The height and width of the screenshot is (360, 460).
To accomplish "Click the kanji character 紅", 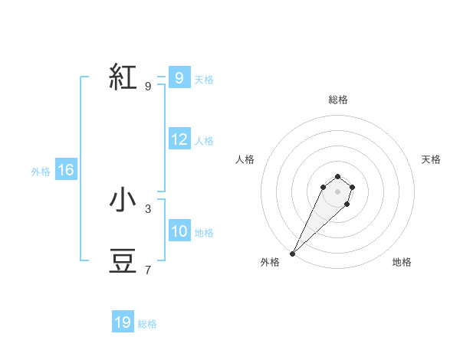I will pyautogui.click(x=123, y=78).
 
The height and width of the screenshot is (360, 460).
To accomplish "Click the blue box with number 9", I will pyautogui.click(x=179, y=77).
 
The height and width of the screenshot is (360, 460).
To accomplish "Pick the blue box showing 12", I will pyautogui.click(x=179, y=139).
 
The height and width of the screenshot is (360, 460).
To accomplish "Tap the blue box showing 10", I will pyautogui.click(x=179, y=231).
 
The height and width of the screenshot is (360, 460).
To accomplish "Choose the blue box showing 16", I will pyautogui.click(x=66, y=170).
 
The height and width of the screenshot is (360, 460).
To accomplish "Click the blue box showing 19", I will pyautogui.click(x=123, y=322).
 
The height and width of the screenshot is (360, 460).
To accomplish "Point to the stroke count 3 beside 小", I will pyautogui.click(x=148, y=208).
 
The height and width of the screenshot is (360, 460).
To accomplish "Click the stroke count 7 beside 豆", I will pyautogui.click(x=148, y=270).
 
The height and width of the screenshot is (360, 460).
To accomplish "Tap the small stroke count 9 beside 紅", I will pyautogui.click(x=148, y=86).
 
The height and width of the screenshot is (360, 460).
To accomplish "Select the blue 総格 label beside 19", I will pyautogui.click(x=147, y=324).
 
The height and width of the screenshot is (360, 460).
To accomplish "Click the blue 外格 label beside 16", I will pyautogui.click(x=41, y=172).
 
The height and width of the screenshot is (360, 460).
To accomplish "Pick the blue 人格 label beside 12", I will pyautogui.click(x=204, y=141).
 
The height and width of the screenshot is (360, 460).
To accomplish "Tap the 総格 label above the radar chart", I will pyautogui.click(x=337, y=100).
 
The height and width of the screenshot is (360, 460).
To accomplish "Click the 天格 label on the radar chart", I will pyautogui.click(x=431, y=159).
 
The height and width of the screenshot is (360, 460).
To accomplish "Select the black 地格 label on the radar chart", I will pyautogui.click(x=402, y=262).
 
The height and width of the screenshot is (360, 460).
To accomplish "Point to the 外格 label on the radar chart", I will pyautogui.click(x=270, y=262).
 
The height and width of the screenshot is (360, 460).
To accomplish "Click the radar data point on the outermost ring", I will pyautogui.click(x=293, y=253).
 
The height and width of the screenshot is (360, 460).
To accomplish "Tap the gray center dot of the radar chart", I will pyautogui.click(x=337, y=191).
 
